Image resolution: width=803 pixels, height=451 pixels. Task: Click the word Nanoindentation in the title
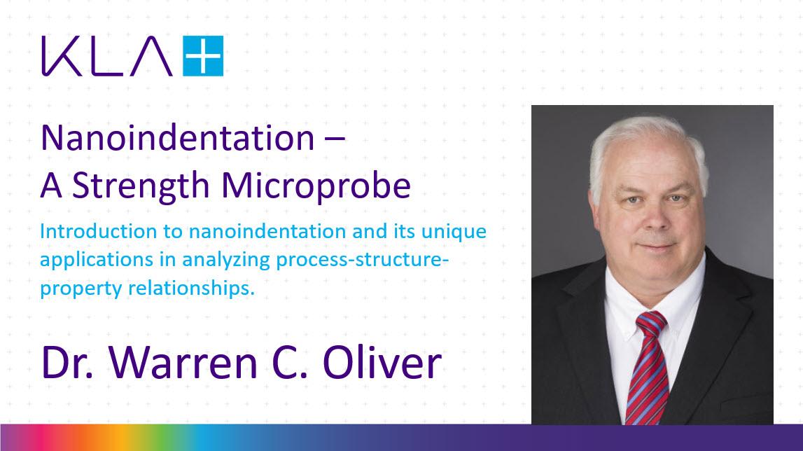(x=177, y=139)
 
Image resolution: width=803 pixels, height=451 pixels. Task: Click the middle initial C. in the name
(x=306, y=363)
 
